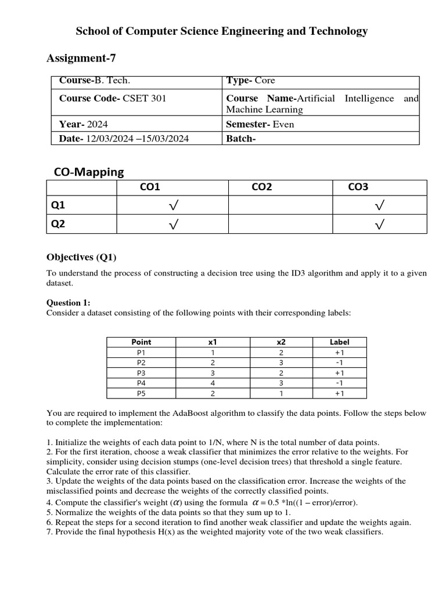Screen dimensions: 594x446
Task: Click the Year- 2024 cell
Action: pyautogui.click(x=83, y=124)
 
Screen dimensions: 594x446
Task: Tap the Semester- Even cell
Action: pyautogui.click(x=260, y=124)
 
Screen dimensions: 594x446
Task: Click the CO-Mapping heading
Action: pyautogui.click(x=89, y=172)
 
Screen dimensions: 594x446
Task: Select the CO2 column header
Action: pyautogui.click(x=261, y=187)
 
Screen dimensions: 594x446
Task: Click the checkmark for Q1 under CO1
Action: pyautogui.click(x=173, y=205)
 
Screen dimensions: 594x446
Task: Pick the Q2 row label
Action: pyautogui.click(x=59, y=224)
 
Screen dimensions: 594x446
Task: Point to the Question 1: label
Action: pyautogui.click(x=68, y=303)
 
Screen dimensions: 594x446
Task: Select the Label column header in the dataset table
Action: pyautogui.click(x=340, y=342)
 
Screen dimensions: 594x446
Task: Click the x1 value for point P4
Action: pyautogui.click(x=213, y=383)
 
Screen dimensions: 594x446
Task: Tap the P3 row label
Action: pyautogui.click(x=141, y=373)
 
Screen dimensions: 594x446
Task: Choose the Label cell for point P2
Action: pyautogui.click(x=340, y=363)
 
